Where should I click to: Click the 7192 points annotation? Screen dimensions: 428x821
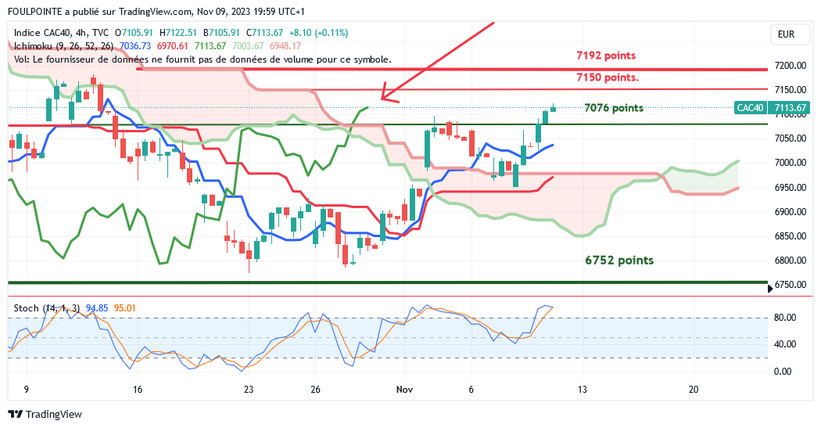pos(605,56)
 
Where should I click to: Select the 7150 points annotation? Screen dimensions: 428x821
pos(607,77)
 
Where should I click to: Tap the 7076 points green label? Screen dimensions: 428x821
pos(614,108)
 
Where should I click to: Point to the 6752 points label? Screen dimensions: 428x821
pos(619,261)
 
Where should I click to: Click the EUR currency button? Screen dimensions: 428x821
pos(786,34)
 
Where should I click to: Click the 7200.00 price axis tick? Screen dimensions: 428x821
pos(791,66)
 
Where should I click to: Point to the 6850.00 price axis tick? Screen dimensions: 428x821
pos(791,236)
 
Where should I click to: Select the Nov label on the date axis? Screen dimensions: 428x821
pos(403,389)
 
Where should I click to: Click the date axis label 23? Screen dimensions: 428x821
pos(249,389)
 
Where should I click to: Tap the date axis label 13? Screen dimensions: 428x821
pos(582,389)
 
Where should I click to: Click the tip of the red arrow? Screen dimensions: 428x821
pos(382,99)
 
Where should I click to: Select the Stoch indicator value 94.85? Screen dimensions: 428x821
pos(97,308)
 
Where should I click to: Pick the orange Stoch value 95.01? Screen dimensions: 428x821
pos(125,308)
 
